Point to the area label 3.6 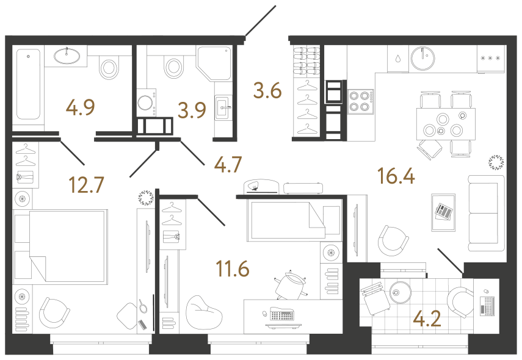(267, 92)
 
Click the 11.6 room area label (232, 267)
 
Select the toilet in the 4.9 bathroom (109, 66)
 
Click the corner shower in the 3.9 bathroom (214, 63)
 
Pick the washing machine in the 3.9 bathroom (147, 102)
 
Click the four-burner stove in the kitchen (360, 101)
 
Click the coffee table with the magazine (443, 212)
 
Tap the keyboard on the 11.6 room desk (282, 316)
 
